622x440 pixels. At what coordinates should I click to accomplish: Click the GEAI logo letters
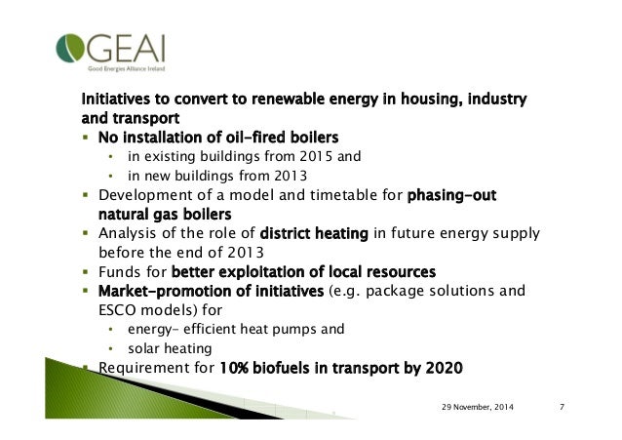coord(126,44)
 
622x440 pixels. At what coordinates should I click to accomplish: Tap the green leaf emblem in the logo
coord(73,46)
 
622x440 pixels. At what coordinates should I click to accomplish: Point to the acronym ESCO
coord(116,309)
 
